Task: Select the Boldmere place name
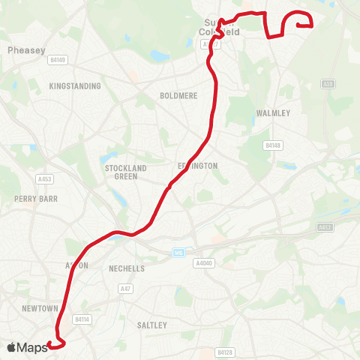click(x=177, y=96)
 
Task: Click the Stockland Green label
click(x=126, y=172)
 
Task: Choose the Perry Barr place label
click(x=30, y=199)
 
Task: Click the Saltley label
click(x=152, y=325)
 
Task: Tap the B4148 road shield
click(x=272, y=145)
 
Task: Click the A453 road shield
click(x=44, y=178)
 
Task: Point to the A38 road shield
click(x=328, y=84)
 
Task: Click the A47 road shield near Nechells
click(x=125, y=287)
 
